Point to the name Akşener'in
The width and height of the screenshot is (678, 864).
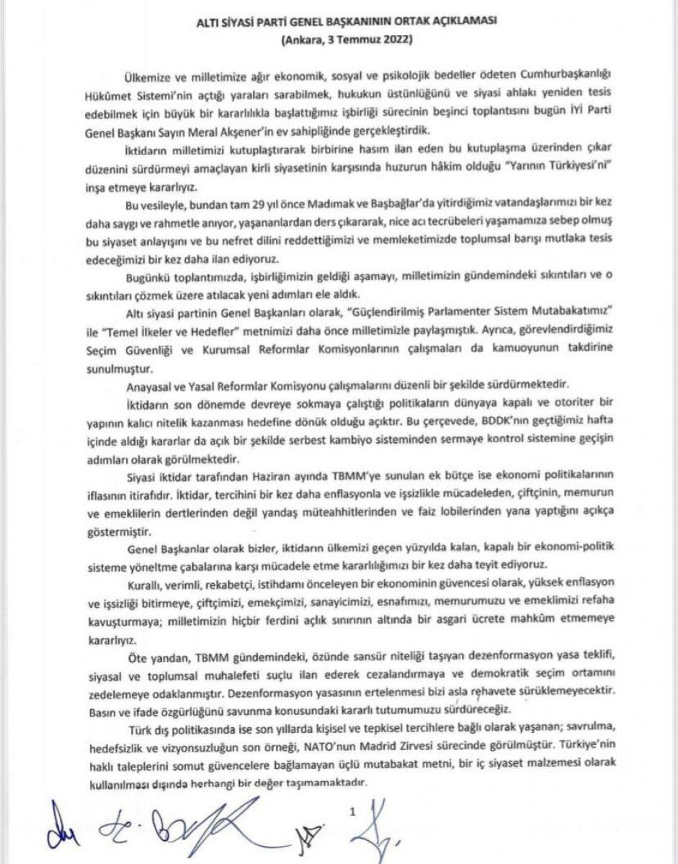pyautogui.click(x=264, y=131)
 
